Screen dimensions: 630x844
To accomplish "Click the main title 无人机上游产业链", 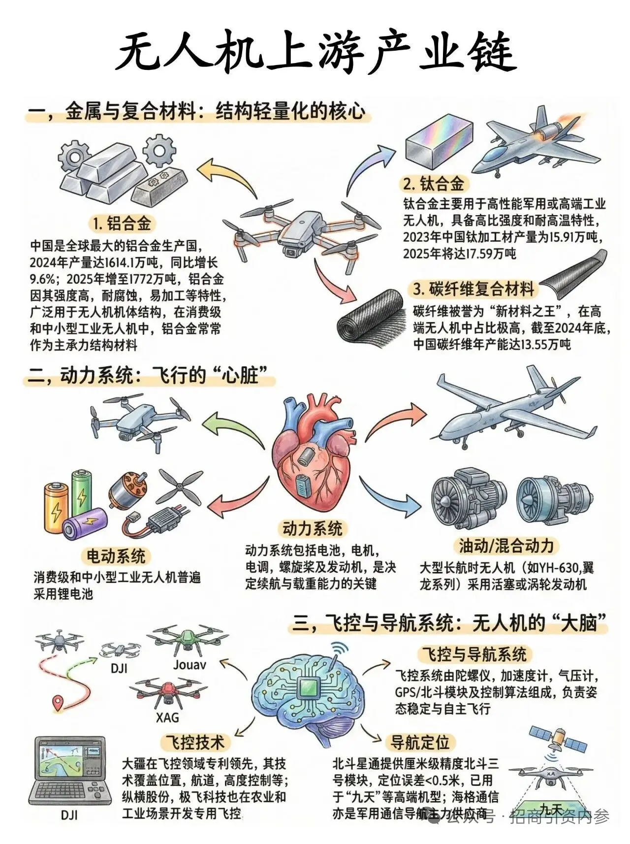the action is pyautogui.click(x=315, y=52).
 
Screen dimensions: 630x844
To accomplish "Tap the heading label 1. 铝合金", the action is pyautogui.click(x=122, y=224).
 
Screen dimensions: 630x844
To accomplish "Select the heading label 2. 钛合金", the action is pyautogui.click(x=433, y=184).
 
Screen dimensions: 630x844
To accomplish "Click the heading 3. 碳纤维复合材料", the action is pyautogui.click(x=473, y=289).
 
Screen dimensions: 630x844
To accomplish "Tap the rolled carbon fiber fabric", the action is pyautogui.click(x=371, y=320).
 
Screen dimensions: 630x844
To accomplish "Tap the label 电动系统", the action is pyautogui.click(x=116, y=556).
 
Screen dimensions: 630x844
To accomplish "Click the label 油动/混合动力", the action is pyautogui.click(x=506, y=546).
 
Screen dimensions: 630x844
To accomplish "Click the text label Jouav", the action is pyautogui.click(x=189, y=665).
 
